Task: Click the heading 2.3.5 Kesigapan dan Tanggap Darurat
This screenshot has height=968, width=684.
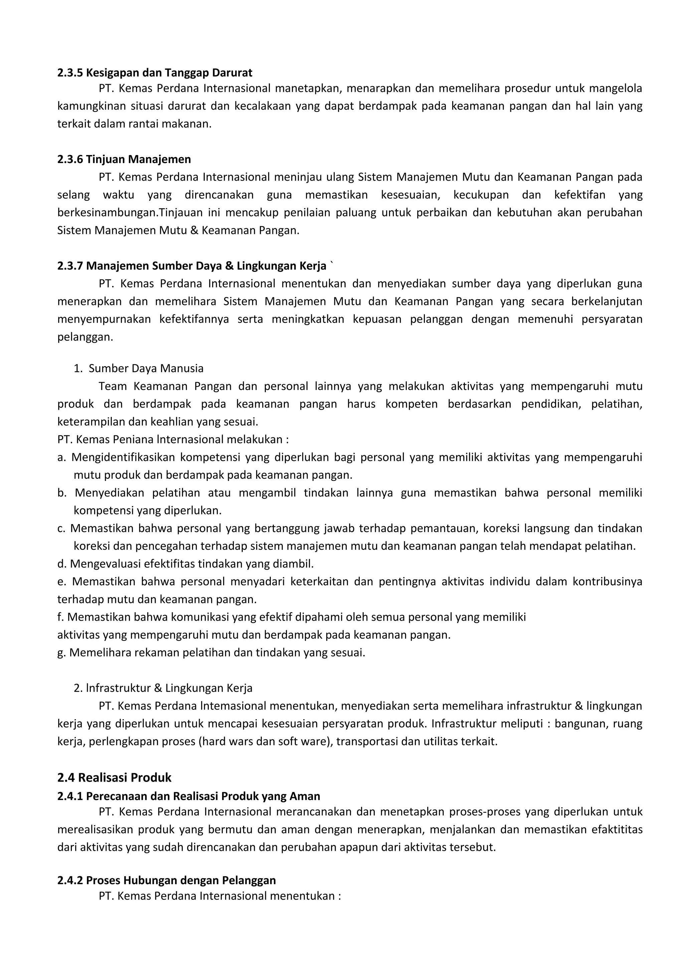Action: click(155, 73)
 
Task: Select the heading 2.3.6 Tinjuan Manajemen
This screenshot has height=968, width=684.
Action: click(124, 159)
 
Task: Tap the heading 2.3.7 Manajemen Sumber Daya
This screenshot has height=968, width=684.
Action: click(192, 266)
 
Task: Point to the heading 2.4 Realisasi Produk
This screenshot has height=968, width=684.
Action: click(114, 777)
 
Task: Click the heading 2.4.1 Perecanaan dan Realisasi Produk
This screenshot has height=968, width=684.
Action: click(188, 796)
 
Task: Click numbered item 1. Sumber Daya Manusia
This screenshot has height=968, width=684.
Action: click(139, 368)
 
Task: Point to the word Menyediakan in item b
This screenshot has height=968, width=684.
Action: click(109, 493)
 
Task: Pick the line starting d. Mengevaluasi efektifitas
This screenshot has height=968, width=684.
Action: click(185, 564)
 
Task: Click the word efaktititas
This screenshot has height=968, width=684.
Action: click(617, 830)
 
